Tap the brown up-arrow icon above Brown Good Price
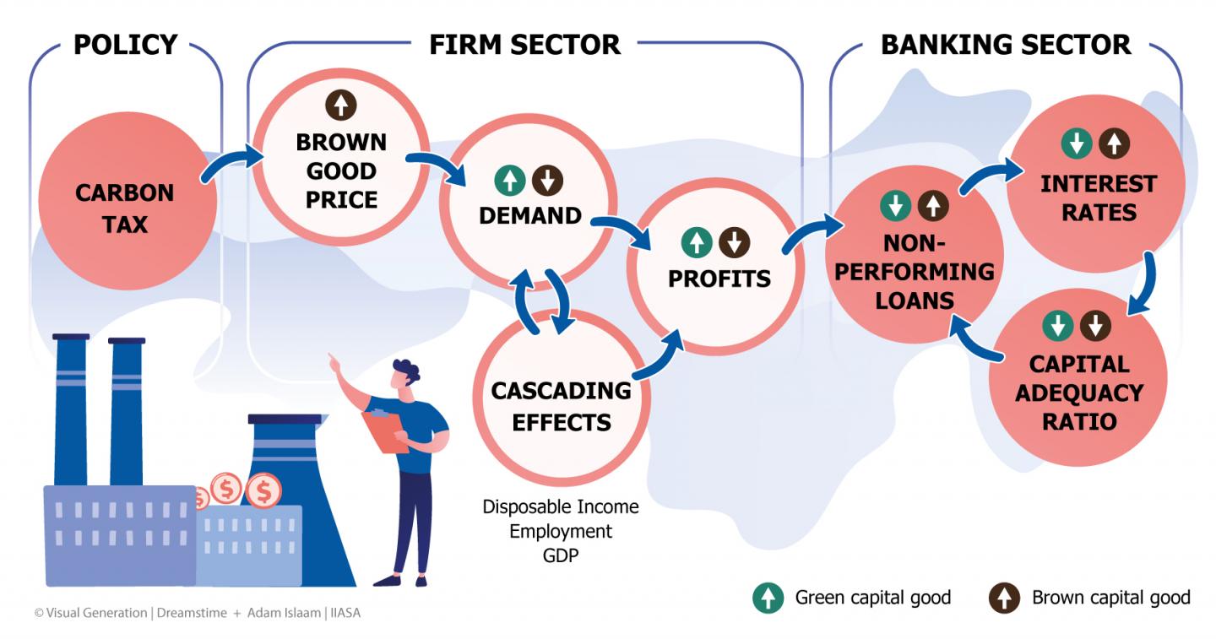(341, 106)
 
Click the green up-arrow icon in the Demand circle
(509, 180)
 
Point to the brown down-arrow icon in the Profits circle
(735, 243)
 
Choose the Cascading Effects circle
(561, 406)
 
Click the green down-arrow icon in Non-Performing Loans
(895, 205)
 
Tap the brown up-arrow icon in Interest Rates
(1114, 144)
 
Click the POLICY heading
(126, 44)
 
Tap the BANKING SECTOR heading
(1006, 44)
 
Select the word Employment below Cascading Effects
(561, 532)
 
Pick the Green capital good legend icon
(768, 598)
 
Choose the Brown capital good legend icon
(1004, 598)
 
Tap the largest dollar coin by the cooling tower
(263, 490)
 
